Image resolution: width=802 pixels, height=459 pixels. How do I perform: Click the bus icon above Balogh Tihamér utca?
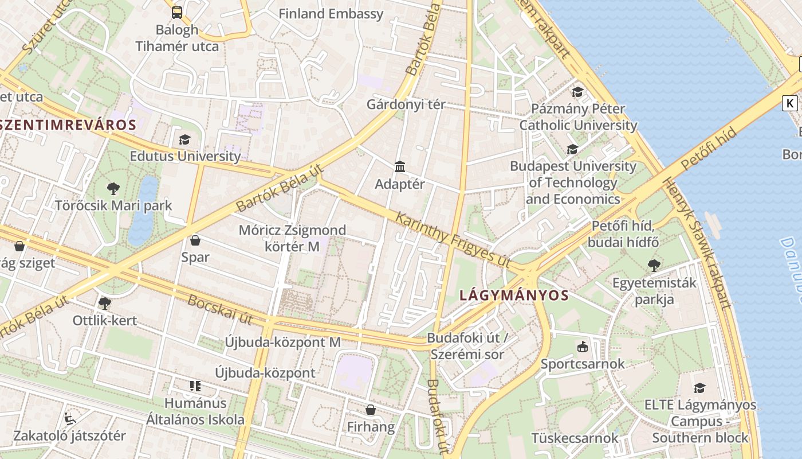[177, 12]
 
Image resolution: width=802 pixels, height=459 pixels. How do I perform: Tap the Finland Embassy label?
[331, 14]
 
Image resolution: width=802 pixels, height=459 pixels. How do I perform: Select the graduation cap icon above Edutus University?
[184, 139]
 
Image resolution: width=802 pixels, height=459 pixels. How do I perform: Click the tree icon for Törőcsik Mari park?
[113, 188]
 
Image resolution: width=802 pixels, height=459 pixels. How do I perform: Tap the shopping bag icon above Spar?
[195, 240]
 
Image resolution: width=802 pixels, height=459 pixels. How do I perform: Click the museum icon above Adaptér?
[400, 167]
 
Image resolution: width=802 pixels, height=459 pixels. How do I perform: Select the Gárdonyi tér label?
[406, 104]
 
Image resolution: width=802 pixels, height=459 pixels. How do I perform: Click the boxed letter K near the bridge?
[790, 103]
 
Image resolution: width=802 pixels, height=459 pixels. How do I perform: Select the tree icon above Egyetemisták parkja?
[654, 266]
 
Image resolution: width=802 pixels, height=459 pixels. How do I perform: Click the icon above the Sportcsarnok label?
[583, 347]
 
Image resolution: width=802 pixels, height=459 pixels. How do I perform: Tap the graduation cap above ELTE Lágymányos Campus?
[699, 388]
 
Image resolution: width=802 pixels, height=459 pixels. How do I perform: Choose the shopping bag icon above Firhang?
[371, 410]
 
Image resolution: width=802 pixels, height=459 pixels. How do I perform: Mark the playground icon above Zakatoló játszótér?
[70, 418]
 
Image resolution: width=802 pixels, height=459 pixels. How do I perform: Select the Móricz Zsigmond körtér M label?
[292, 238]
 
